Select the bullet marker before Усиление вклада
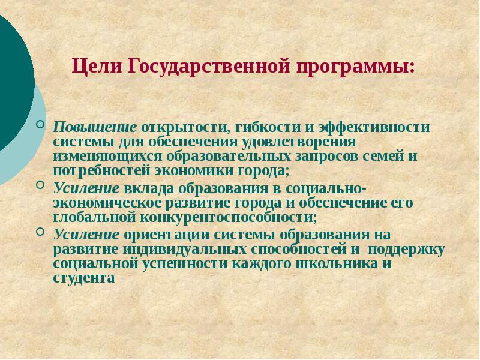click(40, 184)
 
